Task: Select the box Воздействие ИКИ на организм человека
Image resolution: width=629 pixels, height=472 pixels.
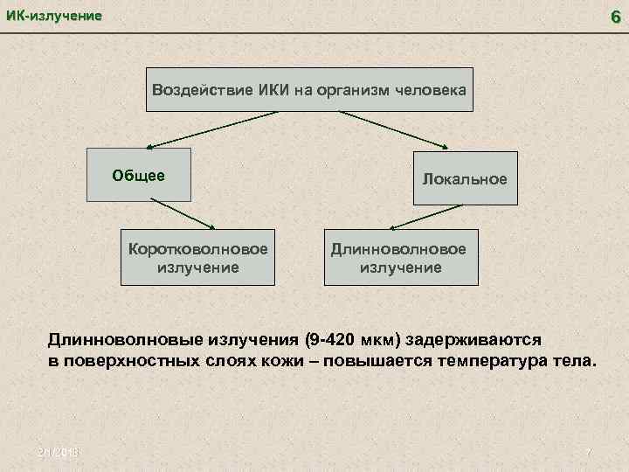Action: (310, 89)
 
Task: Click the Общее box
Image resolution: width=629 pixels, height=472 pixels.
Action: (139, 174)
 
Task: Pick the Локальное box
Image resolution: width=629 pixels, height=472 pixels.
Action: (464, 179)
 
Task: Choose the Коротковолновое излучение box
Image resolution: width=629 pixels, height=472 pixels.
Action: (197, 257)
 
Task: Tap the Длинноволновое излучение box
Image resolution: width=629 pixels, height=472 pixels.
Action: (401, 257)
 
